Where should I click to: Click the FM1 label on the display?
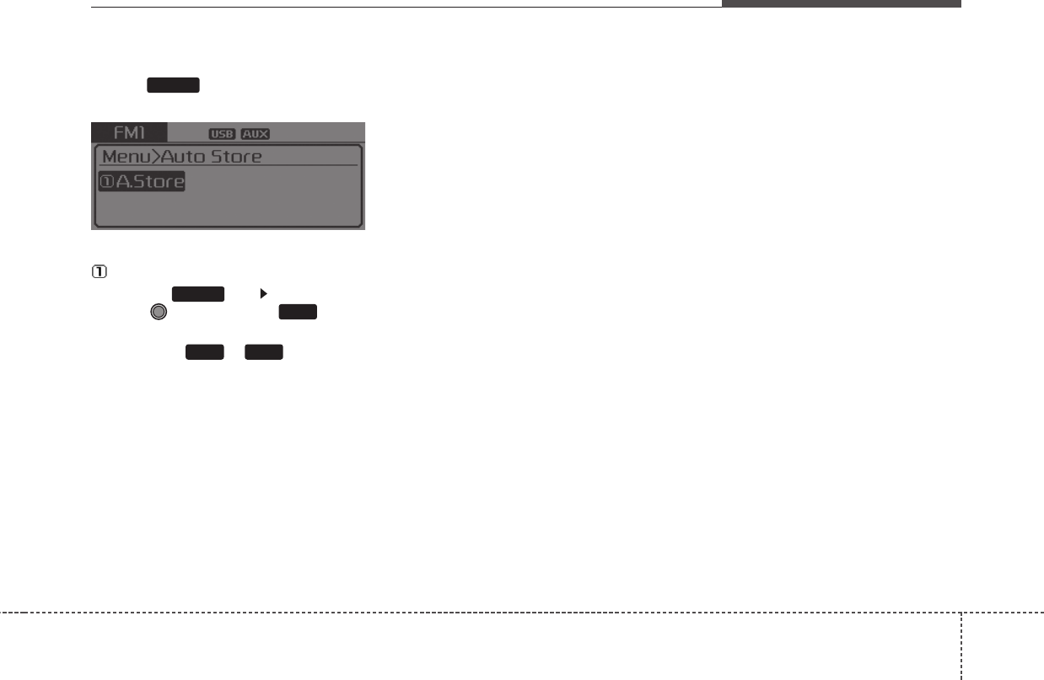pyautogui.click(x=129, y=133)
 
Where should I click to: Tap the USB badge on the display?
pyautogui.click(x=222, y=134)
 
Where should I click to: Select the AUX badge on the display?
pyautogui.click(x=255, y=134)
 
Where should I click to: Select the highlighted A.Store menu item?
pyautogui.click(x=142, y=181)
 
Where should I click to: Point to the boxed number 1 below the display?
pyautogui.click(x=98, y=272)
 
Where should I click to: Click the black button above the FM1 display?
pyautogui.click(x=173, y=84)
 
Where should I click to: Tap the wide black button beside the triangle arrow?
pyautogui.click(x=198, y=293)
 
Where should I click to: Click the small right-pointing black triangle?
pyautogui.click(x=263, y=293)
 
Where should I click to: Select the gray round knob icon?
pyautogui.click(x=158, y=312)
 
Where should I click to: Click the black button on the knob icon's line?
pyautogui.click(x=298, y=312)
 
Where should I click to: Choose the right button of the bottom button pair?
pyautogui.click(x=264, y=352)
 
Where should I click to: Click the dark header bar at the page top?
pyautogui.click(x=841, y=3)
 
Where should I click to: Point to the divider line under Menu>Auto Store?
pyautogui.click(x=228, y=166)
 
